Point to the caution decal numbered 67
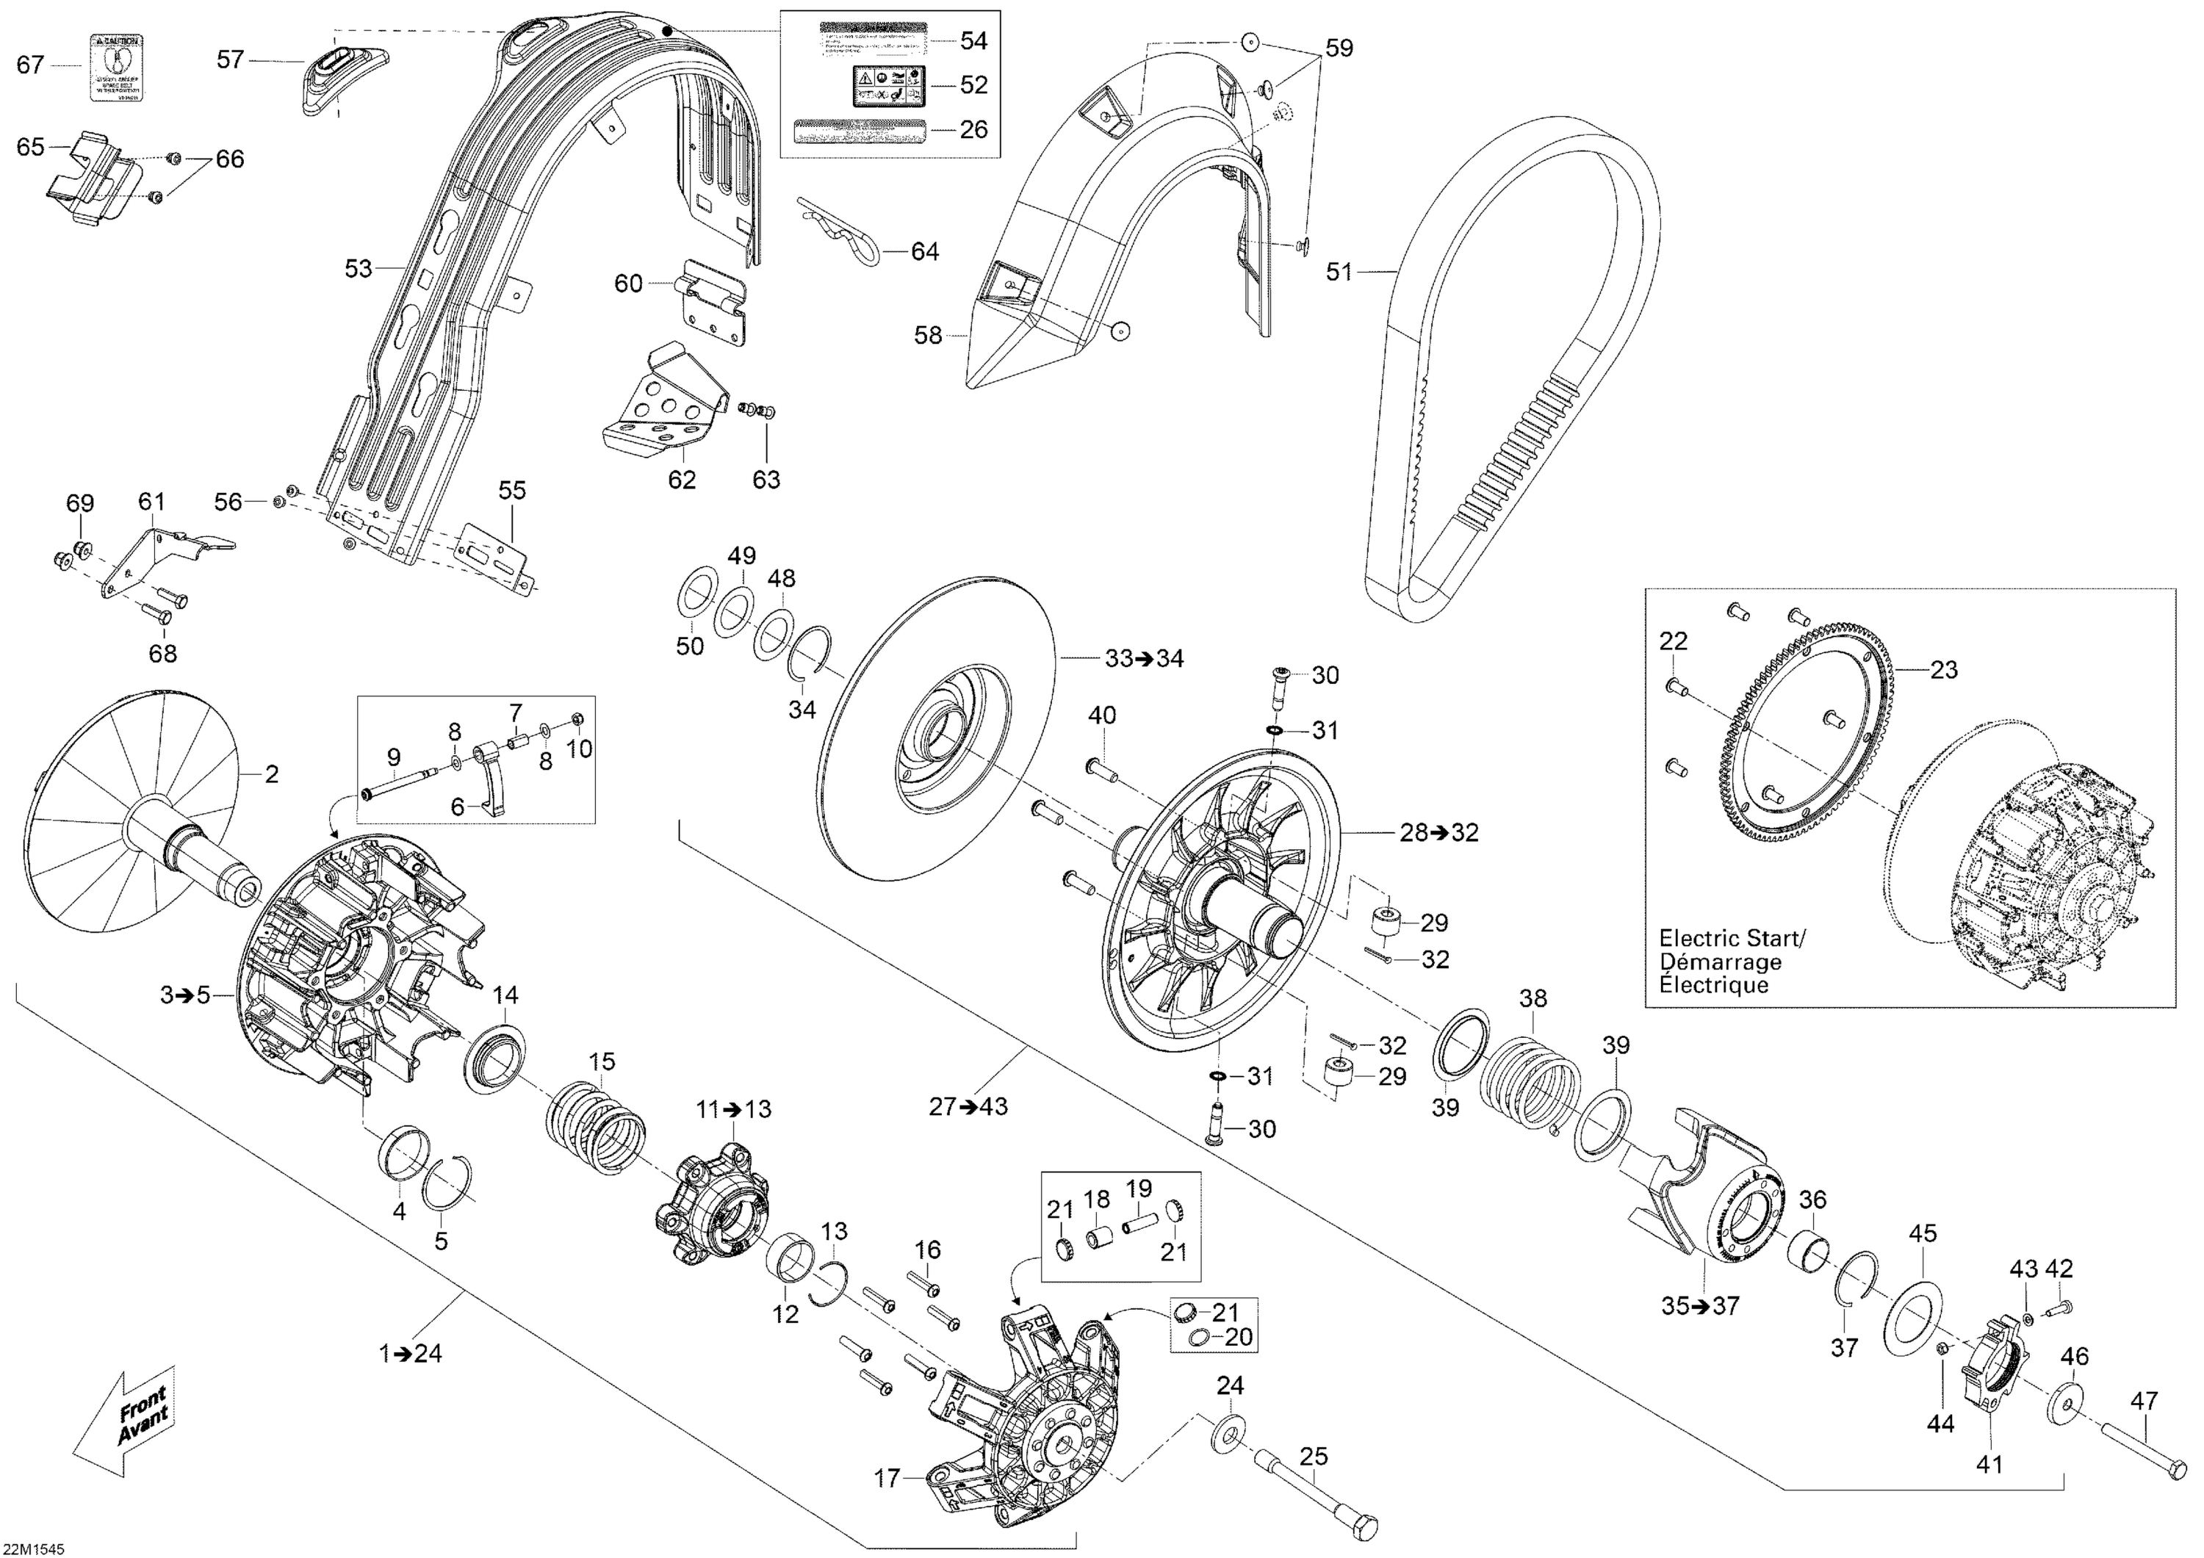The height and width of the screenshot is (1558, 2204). click(x=117, y=67)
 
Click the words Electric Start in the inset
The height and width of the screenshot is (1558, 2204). click(x=1732, y=939)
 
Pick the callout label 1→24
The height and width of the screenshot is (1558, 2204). click(x=411, y=1354)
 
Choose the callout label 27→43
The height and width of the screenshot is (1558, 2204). click(x=968, y=1107)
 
